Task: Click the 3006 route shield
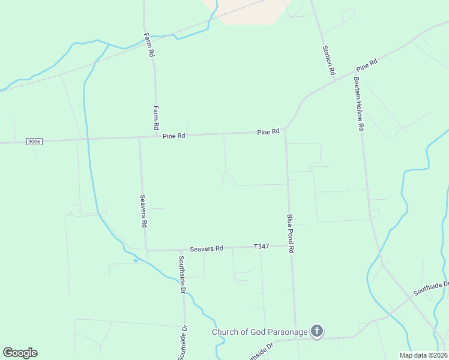(34, 142)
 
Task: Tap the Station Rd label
(328, 60)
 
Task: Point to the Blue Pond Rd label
(291, 233)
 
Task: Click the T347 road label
(261, 247)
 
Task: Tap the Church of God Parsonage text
(259, 332)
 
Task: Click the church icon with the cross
(317, 331)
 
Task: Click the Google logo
(20, 353)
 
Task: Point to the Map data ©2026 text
(423, 355)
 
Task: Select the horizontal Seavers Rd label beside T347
(206, 248)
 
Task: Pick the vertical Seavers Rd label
(143, 210)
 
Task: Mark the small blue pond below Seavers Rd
(136, 261)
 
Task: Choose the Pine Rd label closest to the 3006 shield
(173, 136)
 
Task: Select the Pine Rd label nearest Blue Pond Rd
(268, 132)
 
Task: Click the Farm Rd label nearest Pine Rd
(155, 118)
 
